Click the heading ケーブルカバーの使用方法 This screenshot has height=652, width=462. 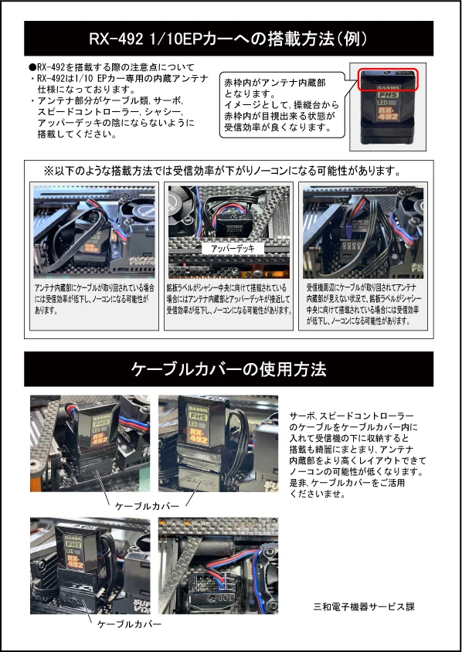click(x=229, y=369)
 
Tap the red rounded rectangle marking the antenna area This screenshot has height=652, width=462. click(x=388, y=80)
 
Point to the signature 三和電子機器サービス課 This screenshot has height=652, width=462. click(x=363, y=606)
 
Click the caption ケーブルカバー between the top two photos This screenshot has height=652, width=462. click(x=147, y=506)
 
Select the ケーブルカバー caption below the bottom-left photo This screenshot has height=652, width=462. click(x=129, y=624)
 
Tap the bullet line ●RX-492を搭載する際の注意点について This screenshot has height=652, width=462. click(x=111, y=67)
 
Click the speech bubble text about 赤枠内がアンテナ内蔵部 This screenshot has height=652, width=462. click(x=281, y=105)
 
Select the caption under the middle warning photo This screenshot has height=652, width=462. click(x=229, y=299)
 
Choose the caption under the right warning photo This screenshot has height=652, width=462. click(x=363, y=304)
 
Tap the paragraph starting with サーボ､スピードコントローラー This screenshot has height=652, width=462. click(x=358, y=455)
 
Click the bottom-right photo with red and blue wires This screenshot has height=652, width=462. click(x=219, y=565)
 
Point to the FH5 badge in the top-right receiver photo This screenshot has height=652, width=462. click(x=388, y=94)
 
